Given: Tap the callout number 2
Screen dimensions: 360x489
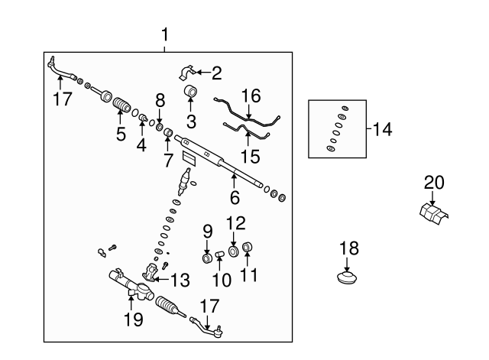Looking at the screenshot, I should (216, 73).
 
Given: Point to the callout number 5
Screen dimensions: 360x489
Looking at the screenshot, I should (121, 135).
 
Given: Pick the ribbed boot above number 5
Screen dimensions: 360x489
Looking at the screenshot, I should (121, 104).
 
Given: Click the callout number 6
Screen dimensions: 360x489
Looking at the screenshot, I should (235, 197).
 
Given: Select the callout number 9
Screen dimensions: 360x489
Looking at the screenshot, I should (207, 231).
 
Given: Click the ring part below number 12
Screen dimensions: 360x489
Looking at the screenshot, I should (234, 251).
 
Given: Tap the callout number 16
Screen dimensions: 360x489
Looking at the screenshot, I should (251, 96).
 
